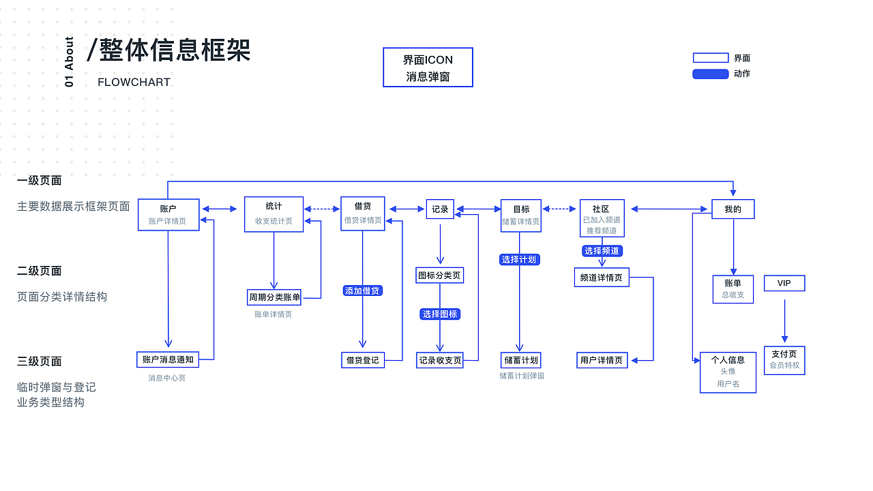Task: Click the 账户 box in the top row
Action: [x=168, y=215]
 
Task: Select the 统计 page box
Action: [x=273, y=214]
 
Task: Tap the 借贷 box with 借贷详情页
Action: [x=362, y=213]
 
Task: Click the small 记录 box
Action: [x=440, y=209]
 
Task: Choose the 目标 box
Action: [x=520, y=215]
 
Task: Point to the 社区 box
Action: [x=602, y=218]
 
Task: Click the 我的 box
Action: [x=733, y=209]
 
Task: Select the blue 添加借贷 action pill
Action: [x=362, y=291]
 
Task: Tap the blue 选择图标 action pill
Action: [x=440, y=314]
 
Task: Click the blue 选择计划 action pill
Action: [x=519, y=259]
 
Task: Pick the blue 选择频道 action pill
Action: [x=602, y=251]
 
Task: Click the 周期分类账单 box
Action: [x=274, y=297]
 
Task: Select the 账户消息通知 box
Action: [x=168, y=359]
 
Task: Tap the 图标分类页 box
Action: [x=440, y=276]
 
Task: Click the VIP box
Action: [x=784, y=283]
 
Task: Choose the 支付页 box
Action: [x=784, y=359]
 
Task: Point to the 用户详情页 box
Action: [x=602, y=360]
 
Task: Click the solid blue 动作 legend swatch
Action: [x=711, y=74]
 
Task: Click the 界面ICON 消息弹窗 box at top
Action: [x=428, y=68]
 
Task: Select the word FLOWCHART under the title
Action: [x=134, y=83]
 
